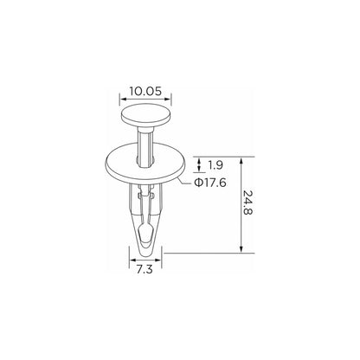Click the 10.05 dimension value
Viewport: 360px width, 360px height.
click(x=145, y=91)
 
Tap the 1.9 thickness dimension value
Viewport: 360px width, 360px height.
click(x=215, y=165)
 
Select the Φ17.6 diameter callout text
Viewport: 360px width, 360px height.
click(x=210, y=183)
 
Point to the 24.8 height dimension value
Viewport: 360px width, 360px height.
click(x=247, y=202)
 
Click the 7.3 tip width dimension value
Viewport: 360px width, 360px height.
click(x=145, y=270)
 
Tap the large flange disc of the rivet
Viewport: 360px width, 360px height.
click(x=145, y=164)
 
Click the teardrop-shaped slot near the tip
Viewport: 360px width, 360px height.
click(x=146, y=234)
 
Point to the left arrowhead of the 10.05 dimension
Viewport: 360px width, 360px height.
click(x=123, y=100)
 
